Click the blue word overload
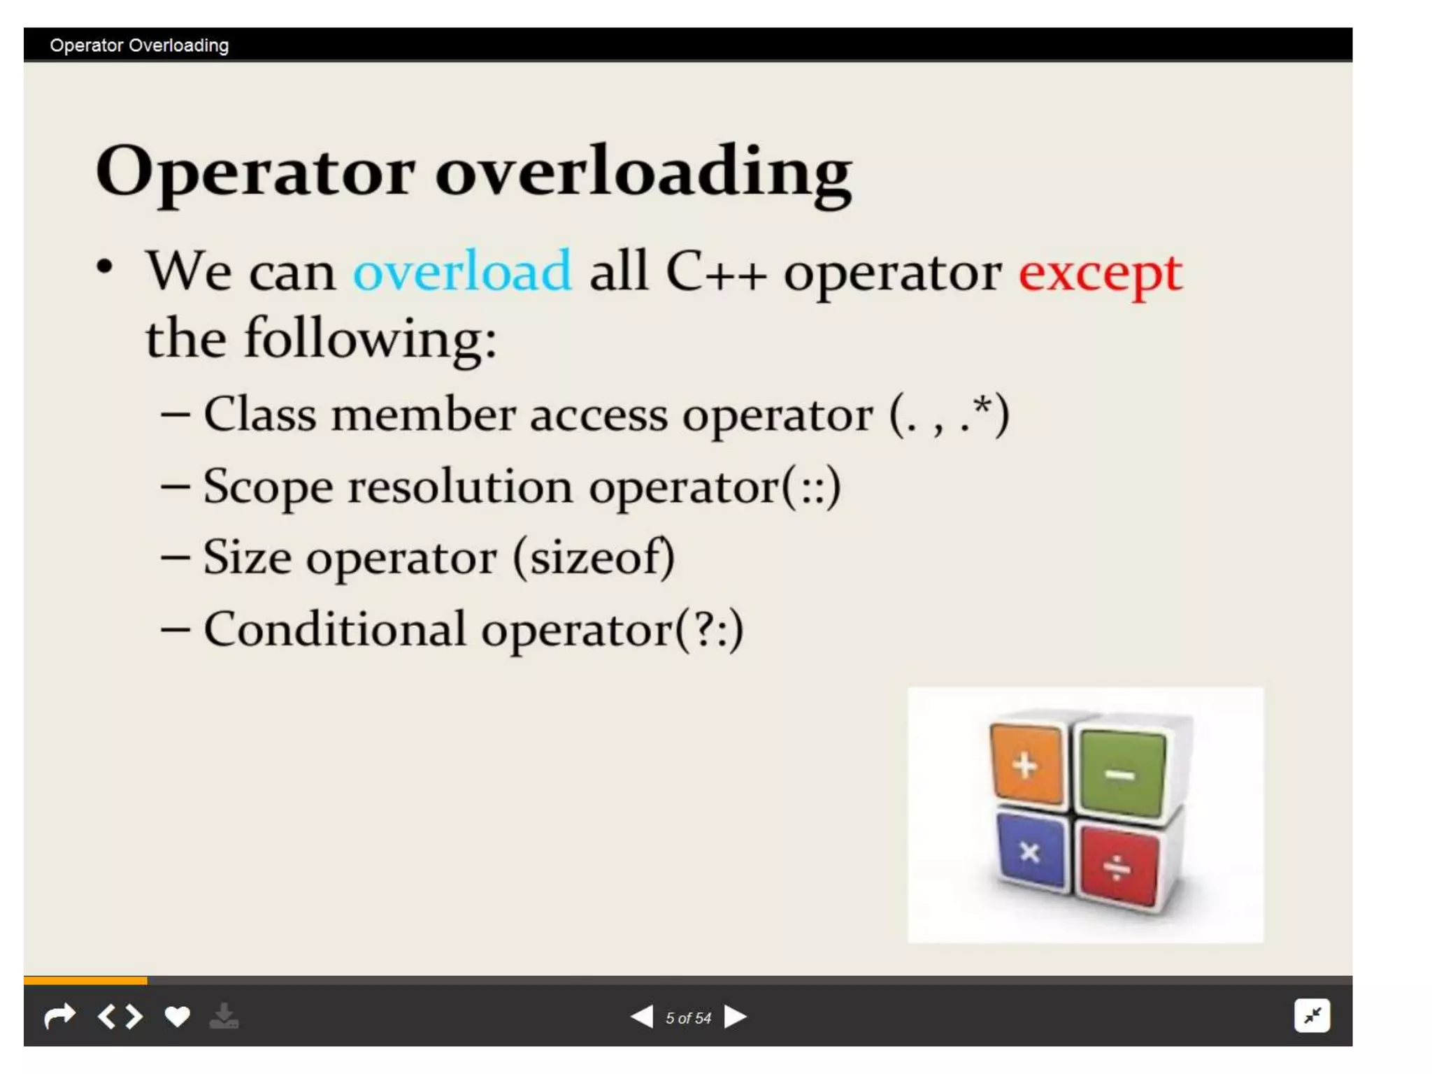tap(462, 271)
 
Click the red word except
tap(1100, 273)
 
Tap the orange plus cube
tap(1026, 764)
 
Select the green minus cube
tap(1120, 773)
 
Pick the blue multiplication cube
tap(1030, 852)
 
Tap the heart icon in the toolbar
tap(177, 1016)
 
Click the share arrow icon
tap(59, 1016)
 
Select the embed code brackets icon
tap(120, 1016)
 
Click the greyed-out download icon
tap(224, 1016)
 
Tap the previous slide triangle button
tap(642, 1017)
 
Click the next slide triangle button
tap(735, 1017)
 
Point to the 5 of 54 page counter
tap(688, 1018)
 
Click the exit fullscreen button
tap(1312, 1015)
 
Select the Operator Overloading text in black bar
tap(139, 45)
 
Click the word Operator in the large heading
tap(255, 171)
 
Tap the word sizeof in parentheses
tap(593, 558)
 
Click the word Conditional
tap(334, 629)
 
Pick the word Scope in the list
tap(268, 487)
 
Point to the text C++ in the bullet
tap(716, 271)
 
